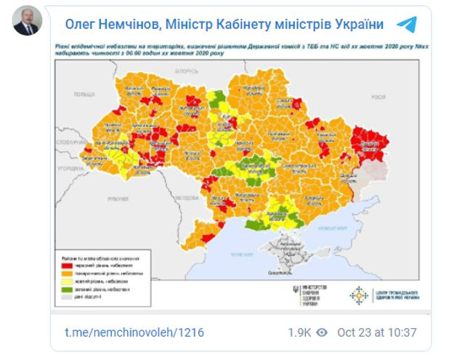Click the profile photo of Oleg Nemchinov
click(x=28, y=24)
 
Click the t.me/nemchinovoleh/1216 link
click(x=134, y=332)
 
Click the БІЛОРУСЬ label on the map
click(x=186, y=71)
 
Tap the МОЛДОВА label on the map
click(x=189, y=197)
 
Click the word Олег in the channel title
click(x=84, y=25)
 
